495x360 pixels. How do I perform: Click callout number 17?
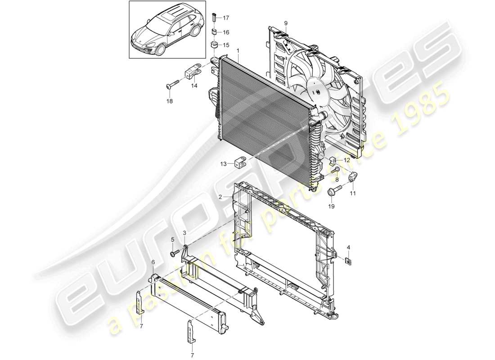click(225, 18)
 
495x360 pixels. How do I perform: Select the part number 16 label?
click(225, 32)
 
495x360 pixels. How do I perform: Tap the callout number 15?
click(225, 45)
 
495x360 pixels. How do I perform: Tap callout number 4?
click(348, 247)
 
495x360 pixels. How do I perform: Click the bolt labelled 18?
click(173, 85)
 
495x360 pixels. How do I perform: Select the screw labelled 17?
click(215, 18)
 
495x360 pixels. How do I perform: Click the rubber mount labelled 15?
click(214, 45)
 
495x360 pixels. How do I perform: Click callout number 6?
click(153, 262)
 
